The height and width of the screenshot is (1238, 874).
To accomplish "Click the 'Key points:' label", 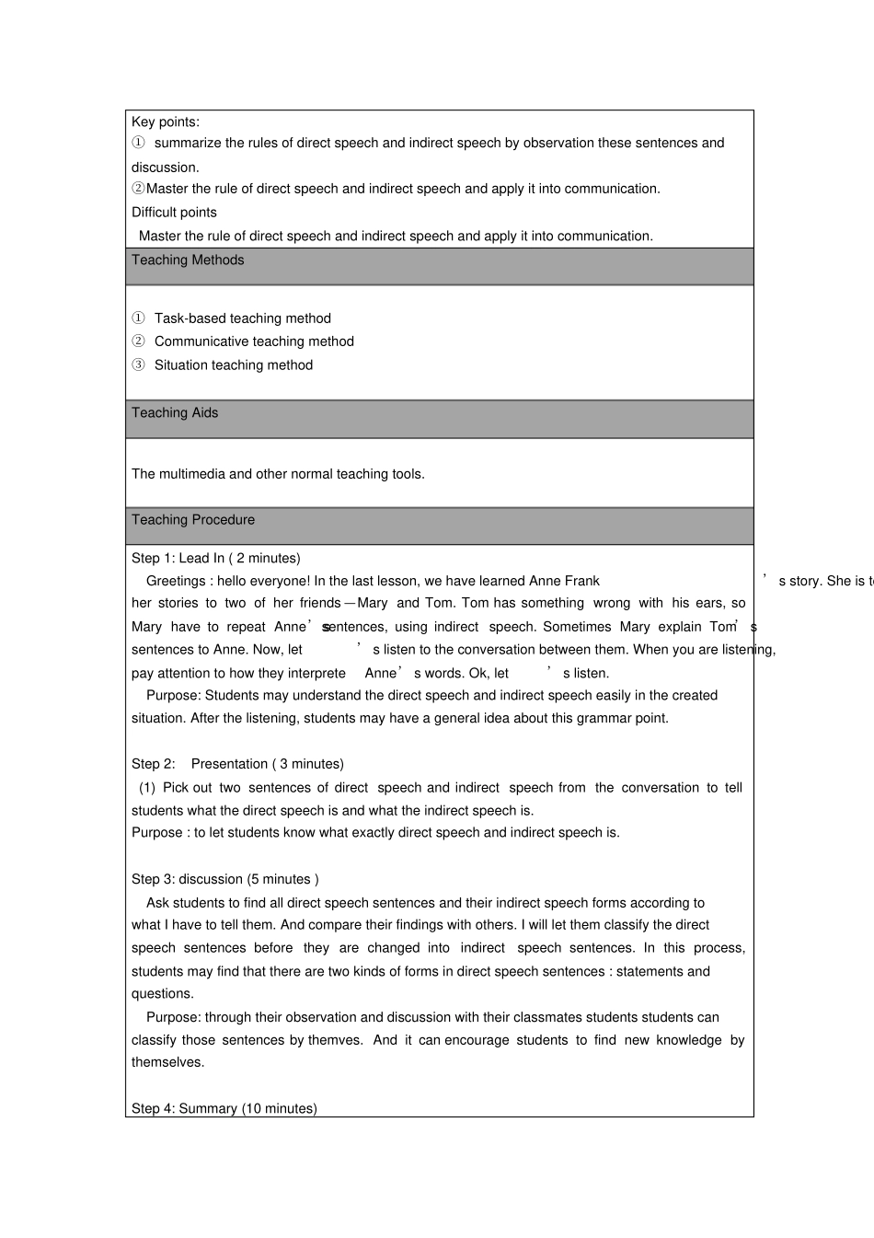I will (x=166, y=121).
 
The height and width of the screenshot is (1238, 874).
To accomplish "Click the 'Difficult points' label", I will (x=174, y=213).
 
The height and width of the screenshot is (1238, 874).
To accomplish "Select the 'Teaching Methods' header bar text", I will (x=188, y=260).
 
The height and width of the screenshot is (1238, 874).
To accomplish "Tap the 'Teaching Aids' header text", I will (x=175, y=413).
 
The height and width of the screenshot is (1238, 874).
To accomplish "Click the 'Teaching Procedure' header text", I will (x=193, y=520).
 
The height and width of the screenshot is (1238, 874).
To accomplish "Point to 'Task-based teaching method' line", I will (x=242, y=318).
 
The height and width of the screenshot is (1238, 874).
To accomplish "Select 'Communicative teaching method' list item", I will (x=254, y=341).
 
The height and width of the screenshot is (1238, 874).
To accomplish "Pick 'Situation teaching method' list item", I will (x=234, y=365).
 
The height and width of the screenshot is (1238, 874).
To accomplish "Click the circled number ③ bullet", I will (x=138, y=365).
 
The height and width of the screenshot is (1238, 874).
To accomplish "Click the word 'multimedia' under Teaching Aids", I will (x=191, y=474).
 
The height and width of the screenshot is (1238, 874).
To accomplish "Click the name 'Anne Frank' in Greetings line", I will (x=564, y=582).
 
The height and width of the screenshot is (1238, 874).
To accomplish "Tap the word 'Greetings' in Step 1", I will (x=176, y=582).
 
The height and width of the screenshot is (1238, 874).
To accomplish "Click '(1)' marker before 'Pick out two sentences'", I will (x=147, y=788).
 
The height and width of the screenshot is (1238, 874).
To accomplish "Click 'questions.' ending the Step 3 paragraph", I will (x=163, y=994).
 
